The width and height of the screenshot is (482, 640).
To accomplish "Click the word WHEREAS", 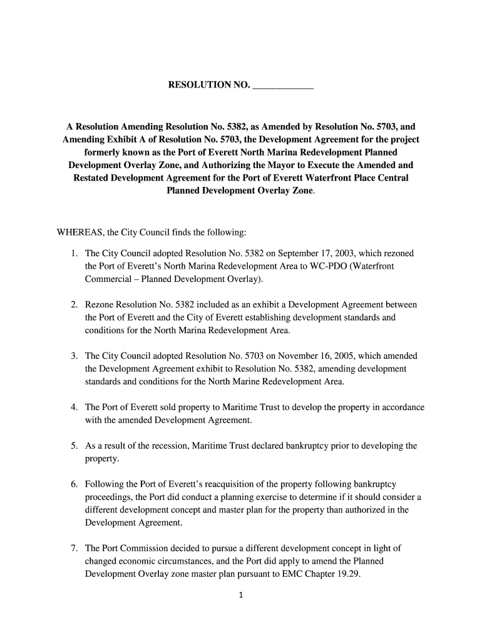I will coord(81,233).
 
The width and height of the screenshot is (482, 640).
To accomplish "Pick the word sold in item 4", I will coord(165,407).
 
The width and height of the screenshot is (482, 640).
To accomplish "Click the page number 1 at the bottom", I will coord(241,596).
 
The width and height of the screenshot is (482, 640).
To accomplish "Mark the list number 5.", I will coord(73,446).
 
